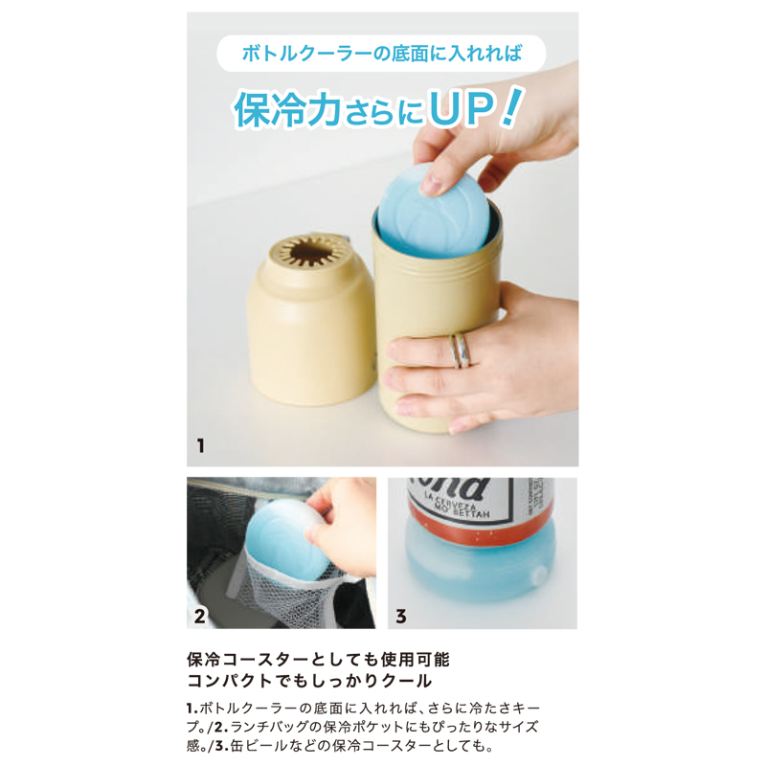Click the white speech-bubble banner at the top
(x=381, y=54)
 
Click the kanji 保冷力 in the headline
(x=288, y=109)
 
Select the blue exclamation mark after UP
(x=511, y=106)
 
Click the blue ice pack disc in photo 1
(x=432, y=211)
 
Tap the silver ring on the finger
(x=461, y=350)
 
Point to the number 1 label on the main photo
(x=200, y=446)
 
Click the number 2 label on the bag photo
(x=199, y=617)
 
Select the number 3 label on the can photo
(x=400, y=617)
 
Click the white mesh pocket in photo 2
(x=288, y=596)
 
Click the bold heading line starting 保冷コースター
(x=318, y=660)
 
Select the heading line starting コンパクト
(x=309, y=681)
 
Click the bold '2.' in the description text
(x=221, y=727)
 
